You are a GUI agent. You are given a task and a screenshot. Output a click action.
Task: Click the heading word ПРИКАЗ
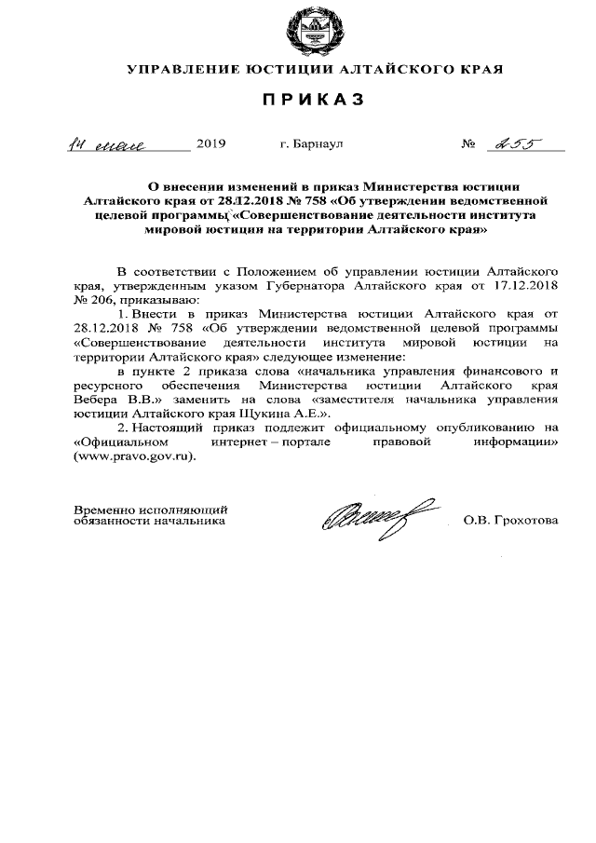tap(314, 99)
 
